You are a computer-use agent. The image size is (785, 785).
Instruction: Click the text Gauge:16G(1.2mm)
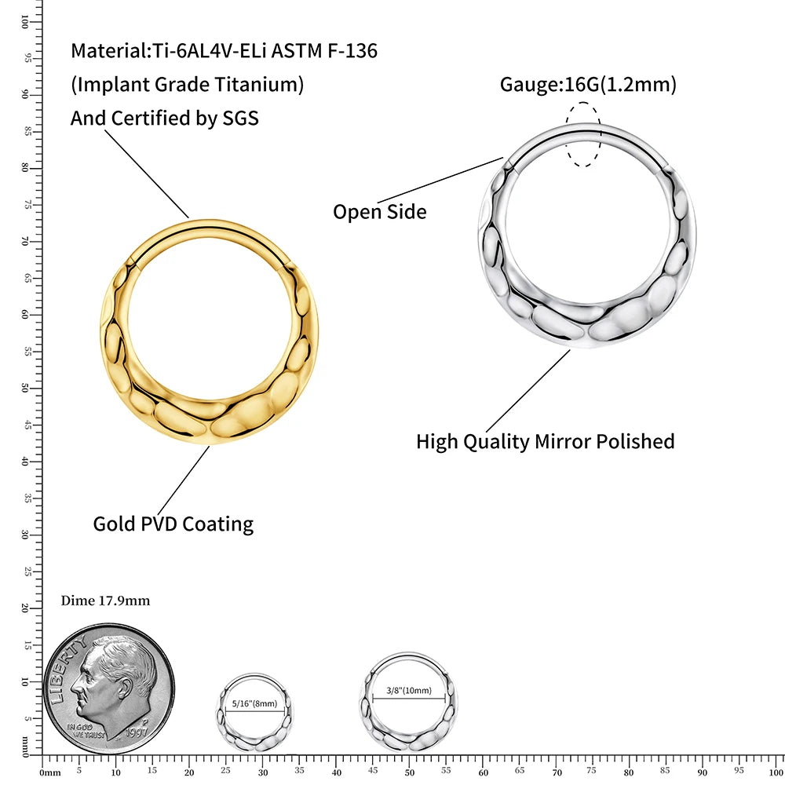(588, 84)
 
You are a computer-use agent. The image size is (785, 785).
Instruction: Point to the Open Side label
(379, 211)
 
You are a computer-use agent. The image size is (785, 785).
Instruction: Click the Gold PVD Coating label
(173, 524)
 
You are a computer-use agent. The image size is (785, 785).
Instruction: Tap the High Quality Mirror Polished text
(545, 441)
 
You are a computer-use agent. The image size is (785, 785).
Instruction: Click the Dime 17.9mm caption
(105, 601)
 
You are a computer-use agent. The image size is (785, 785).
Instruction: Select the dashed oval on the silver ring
(585, 134)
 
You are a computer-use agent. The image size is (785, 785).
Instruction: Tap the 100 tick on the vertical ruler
(25, 24)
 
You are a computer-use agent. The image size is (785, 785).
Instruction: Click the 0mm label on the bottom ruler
(49, 772)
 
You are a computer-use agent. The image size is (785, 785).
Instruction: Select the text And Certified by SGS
(164, 118)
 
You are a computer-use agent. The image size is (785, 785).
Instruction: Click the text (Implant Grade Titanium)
(187, 85)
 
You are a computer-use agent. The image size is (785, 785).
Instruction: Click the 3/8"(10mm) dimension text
(409, 691)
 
